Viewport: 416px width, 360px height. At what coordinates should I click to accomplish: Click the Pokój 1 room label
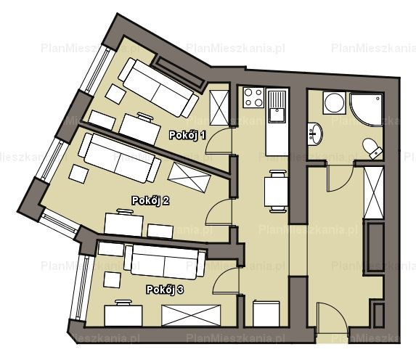click(x=187, y=135)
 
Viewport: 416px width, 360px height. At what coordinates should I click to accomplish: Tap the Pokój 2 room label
click(x=150, y=200)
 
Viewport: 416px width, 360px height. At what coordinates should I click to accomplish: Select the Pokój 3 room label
click(x=165, y=290)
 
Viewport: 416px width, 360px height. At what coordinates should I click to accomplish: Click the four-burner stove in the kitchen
click(x=253, y=98)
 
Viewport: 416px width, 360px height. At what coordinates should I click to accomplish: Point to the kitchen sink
click(x=277, y=107)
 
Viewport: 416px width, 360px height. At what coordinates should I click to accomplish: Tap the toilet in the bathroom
click(x=372, y=149)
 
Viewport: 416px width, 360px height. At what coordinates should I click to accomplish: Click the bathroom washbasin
click(x=315, y=134)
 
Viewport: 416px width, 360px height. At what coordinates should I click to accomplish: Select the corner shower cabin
click(x=367, y=109)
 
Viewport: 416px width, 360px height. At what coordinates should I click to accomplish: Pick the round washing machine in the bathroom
click(x=334, y=103)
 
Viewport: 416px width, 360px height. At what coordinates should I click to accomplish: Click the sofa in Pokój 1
click(x=158, y=88)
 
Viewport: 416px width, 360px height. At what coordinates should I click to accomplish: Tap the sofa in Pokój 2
click(x=120, y=158)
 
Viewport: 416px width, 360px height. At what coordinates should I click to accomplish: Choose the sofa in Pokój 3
click(x=165, y=262)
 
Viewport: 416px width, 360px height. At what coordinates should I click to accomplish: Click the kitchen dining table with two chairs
click(x=276, y=192)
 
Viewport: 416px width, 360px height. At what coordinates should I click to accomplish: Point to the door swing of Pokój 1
click(x=218, y=141)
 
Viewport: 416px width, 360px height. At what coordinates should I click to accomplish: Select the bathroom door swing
click(x=340, y=178)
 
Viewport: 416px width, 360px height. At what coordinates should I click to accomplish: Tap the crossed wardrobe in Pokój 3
click(x=191, y=315)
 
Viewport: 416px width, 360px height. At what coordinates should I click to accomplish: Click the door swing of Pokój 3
click(x=226, y=280)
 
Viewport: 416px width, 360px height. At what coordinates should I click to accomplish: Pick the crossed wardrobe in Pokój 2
click(x=189, y=177)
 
